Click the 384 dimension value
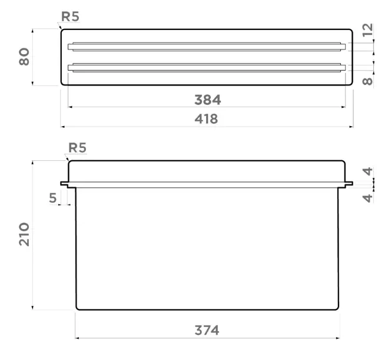207,100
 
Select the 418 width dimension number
206,119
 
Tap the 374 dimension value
207,331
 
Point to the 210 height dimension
24,235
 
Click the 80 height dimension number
24,57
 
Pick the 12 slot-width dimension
368,30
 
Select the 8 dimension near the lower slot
368,81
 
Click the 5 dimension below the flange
53,198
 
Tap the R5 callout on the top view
70,16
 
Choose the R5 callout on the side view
77,148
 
